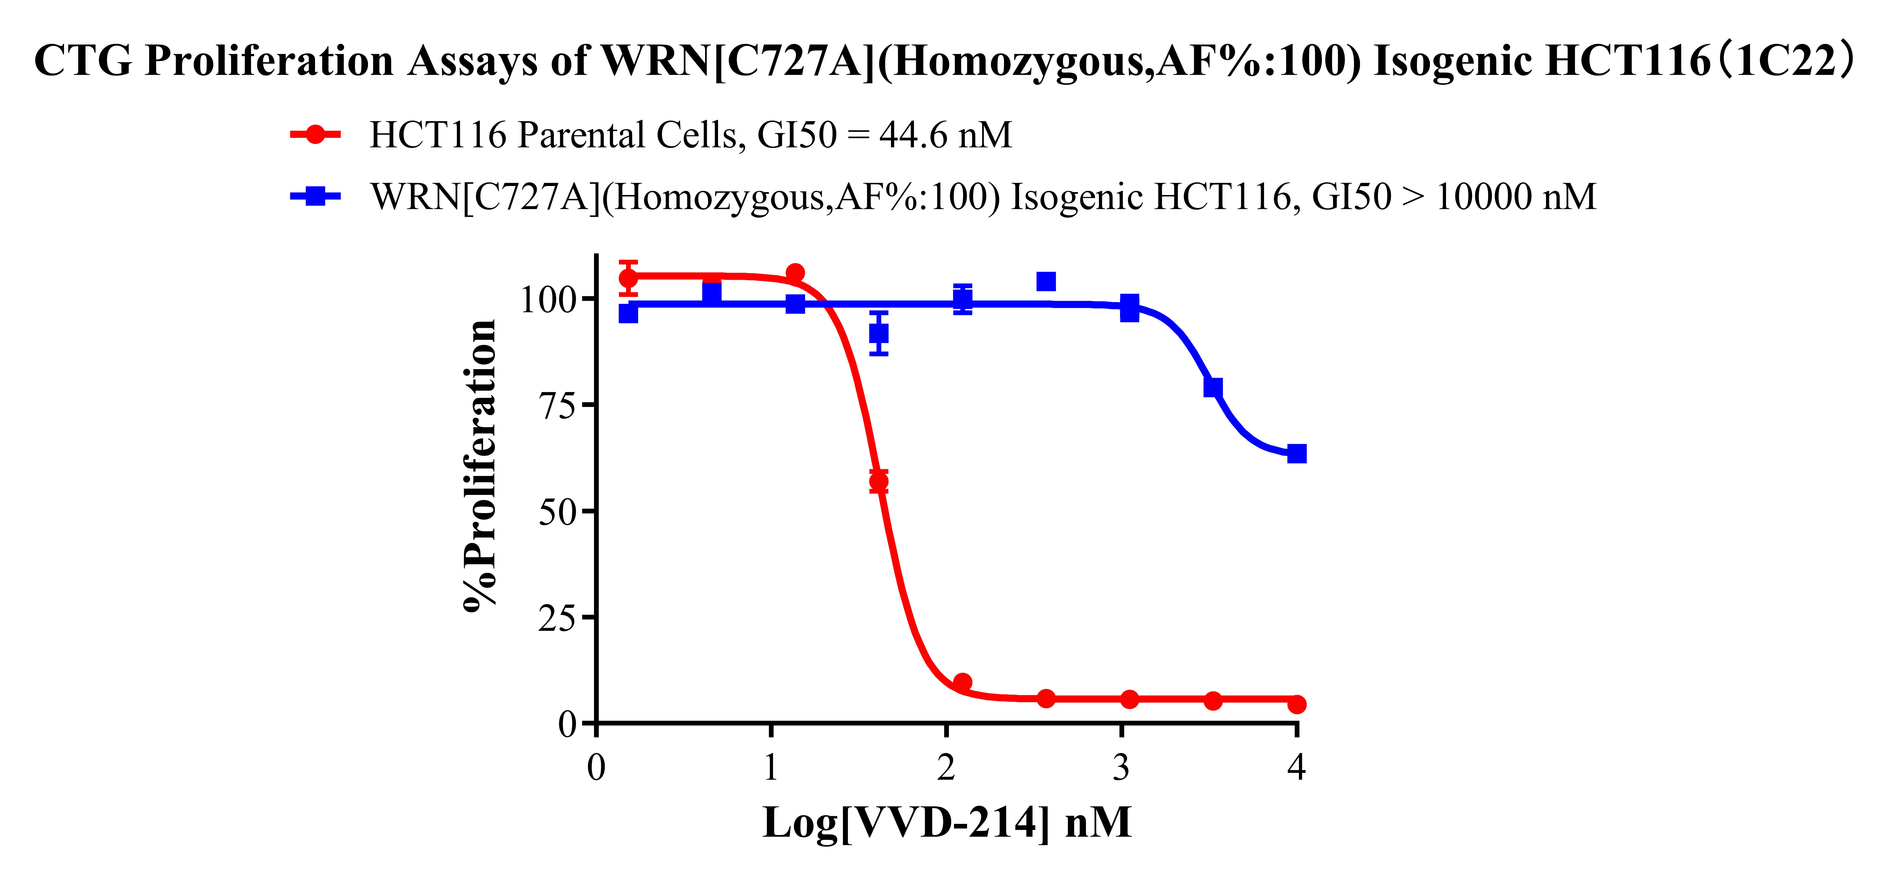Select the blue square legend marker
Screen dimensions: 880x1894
pyautogui.click(x=315, y=196)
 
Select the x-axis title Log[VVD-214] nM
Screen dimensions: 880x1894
pyautogui.click(x=947, y=823)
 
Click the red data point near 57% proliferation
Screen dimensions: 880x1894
pyautogui.click(x=879, y=481)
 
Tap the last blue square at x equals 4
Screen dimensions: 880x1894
pyautogui.click(x=1297, y=454)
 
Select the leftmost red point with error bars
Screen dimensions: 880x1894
pyautogui.click(x=629, y=278)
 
